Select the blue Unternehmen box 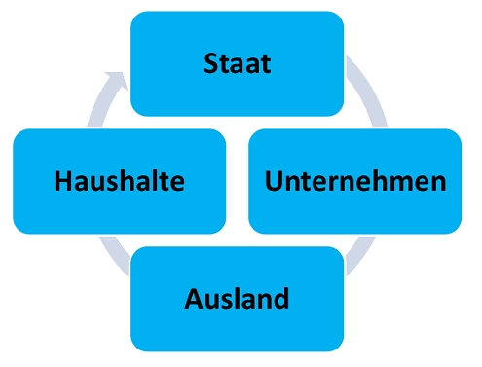(x=354, y=181)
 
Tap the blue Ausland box (x=237, y=299)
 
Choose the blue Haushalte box (x=119, y=181)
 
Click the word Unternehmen (x=354, y=181)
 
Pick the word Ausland (x=237, y=298)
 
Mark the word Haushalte (x=119, y=181)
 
